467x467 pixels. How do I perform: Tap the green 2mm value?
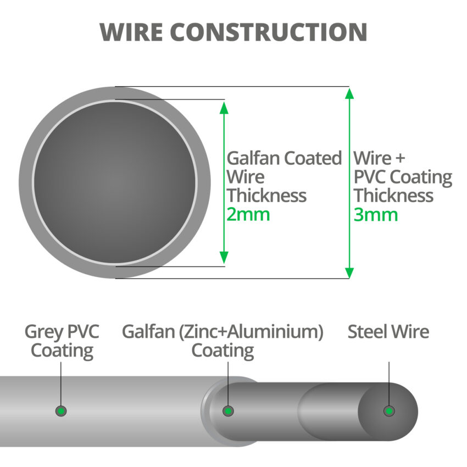(248, 214)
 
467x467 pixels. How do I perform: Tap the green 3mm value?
(375, 214)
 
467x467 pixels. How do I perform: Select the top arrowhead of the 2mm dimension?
(224, 106)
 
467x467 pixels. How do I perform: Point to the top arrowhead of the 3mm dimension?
(349, 93)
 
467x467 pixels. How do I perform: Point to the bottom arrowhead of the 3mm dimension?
(349, 273)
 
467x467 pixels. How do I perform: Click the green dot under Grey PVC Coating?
(62, 411)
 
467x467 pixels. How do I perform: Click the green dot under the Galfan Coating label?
(228, 411)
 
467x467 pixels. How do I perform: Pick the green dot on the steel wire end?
(389, 411)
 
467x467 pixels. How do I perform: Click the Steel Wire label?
(388, 332)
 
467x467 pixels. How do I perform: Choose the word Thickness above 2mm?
(267, 196)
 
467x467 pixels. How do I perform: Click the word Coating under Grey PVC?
(62, 351)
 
